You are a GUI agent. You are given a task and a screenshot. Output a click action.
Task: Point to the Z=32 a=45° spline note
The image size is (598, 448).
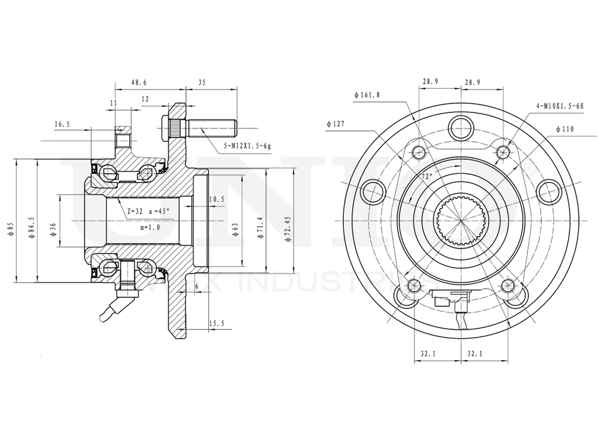(148, 211)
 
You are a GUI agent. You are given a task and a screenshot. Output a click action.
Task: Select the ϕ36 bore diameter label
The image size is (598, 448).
(53, 228)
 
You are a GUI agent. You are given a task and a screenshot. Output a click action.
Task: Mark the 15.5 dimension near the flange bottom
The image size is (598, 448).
(216, 323)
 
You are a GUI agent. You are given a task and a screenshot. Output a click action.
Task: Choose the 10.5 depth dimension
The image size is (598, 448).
(216, 199)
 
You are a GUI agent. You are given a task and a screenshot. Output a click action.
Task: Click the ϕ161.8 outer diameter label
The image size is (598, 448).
(367, 94)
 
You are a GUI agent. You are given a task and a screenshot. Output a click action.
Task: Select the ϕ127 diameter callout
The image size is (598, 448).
(337, 124)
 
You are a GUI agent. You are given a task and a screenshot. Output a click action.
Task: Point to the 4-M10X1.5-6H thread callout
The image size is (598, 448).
(559, 105)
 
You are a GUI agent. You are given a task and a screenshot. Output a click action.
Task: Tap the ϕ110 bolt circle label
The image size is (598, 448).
(565, 128)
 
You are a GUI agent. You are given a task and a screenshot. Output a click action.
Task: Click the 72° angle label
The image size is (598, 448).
(427, 177)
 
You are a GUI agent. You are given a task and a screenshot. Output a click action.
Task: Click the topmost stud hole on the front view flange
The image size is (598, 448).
(462, 125)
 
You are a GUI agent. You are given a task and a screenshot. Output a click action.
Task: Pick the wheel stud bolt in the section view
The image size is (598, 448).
(200, 128)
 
